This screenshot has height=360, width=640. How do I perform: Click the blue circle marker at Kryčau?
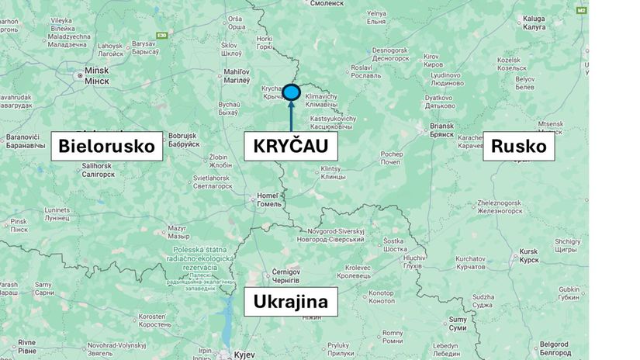click(x=291, y=92)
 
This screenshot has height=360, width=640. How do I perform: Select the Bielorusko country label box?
click(x=106, y=146)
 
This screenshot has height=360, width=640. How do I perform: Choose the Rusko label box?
click(x=518, y=146)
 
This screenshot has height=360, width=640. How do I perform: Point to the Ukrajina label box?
click(x=291, y=301)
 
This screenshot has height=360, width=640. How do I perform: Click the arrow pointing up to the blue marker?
click(x=291, y=116)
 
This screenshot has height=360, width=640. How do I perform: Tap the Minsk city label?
click(x=97, y=74)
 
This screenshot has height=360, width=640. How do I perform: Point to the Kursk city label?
click(x=528, y=255)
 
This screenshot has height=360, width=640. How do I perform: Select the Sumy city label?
click(x=458, y=323)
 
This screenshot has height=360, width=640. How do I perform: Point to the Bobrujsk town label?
click(x=183, y=139)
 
